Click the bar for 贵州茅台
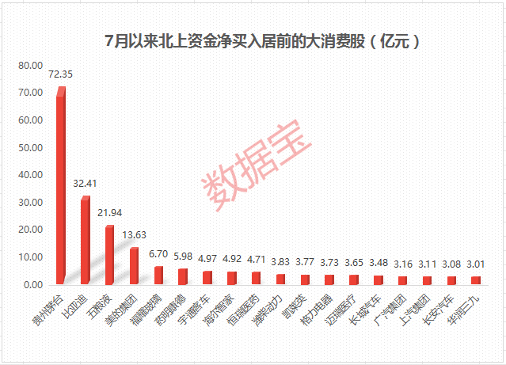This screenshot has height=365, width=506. click(x=60, y=186)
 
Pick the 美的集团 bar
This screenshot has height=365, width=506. click(x=134, y=265)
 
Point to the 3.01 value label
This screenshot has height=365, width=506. click(x=476, y=266)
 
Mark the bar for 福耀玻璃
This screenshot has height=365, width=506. click(x=158, y=274)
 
